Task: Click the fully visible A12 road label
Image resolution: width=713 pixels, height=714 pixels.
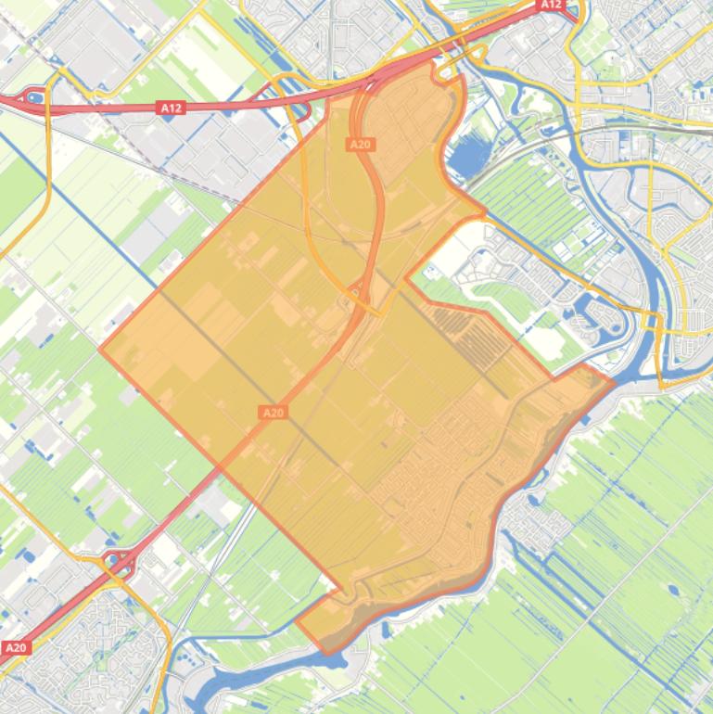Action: click(171, 108)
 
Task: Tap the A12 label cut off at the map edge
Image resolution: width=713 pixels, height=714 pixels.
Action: click(552, 5)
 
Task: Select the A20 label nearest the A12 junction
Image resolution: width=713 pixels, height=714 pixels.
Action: click(360, 144)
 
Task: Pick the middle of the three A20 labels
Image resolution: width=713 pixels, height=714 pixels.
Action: click(273, 413)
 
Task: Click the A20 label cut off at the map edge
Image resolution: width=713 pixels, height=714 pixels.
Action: click(14, 647)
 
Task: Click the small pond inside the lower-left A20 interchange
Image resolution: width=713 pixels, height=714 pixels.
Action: click(118, 560)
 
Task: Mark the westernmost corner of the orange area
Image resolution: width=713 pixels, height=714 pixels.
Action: click(100, 351)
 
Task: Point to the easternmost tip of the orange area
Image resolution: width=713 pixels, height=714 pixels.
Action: click(614, 381)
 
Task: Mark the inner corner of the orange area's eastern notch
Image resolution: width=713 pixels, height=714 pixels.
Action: click(407, 277)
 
